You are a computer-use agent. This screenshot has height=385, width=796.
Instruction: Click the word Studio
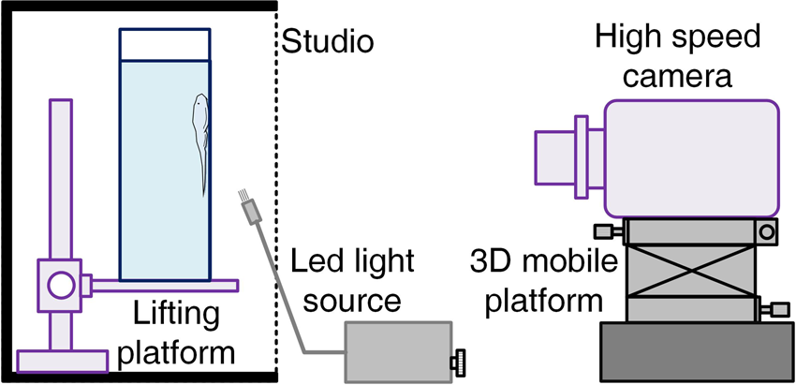point(328,42)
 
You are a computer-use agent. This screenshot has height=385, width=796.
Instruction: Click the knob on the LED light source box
point(460,360)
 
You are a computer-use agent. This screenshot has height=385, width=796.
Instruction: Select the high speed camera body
point(693,156)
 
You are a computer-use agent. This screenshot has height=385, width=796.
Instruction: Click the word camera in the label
point(675,75)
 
